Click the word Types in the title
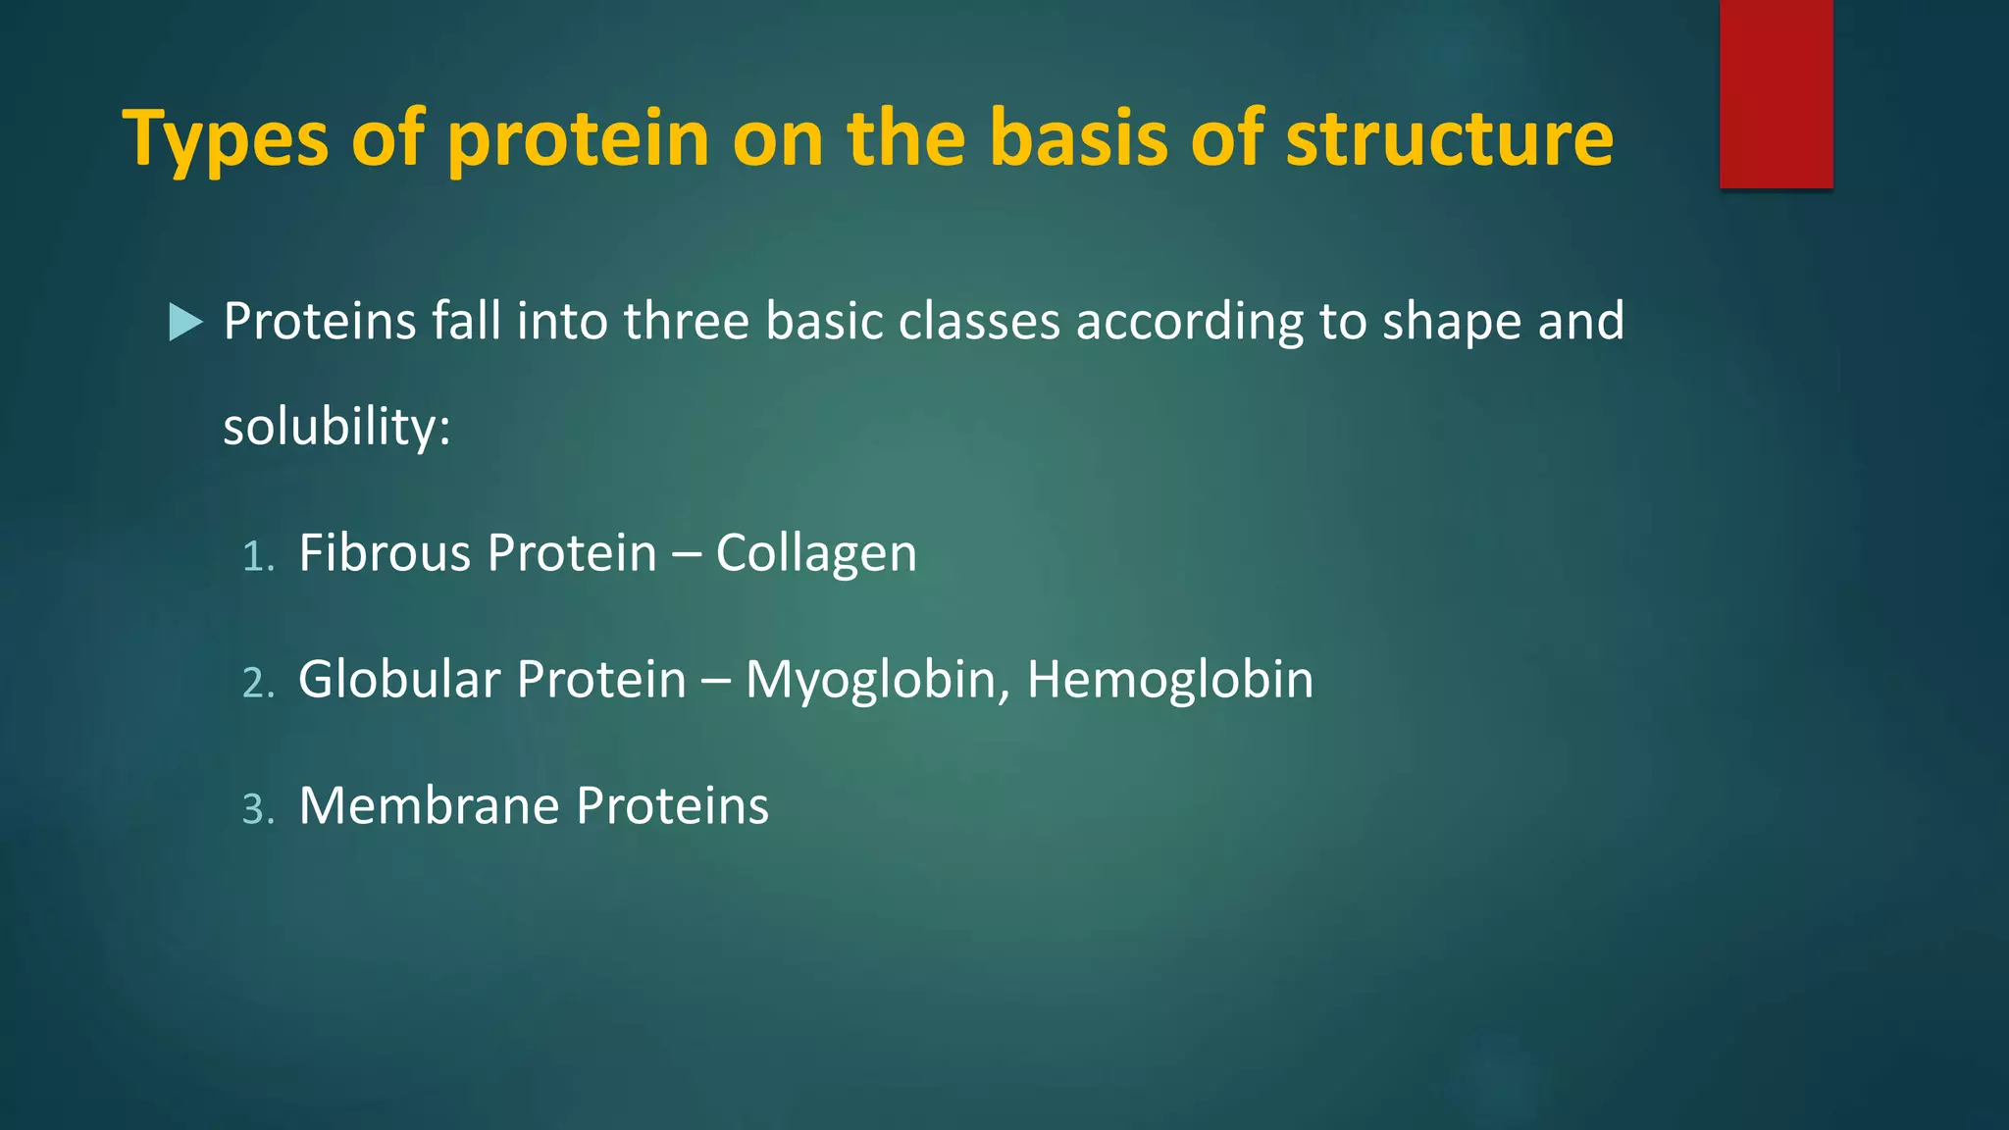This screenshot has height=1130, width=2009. coord(225,139)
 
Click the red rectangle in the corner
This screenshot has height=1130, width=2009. coord(1776,93)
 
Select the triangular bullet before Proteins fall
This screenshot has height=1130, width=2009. coord(184,322)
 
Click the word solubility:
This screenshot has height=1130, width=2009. coord(336,428)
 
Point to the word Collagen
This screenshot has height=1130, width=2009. coord(816,553)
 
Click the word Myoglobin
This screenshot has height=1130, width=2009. coord(877,680)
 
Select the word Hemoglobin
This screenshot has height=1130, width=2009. coord(1169,679)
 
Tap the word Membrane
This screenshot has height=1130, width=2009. coord(428,805)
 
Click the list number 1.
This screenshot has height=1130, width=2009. coord(256,557)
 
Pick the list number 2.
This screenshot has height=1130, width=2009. coord(257,684)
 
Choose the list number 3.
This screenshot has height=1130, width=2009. coord(257,810)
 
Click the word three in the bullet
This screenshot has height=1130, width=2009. coord(687,322)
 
